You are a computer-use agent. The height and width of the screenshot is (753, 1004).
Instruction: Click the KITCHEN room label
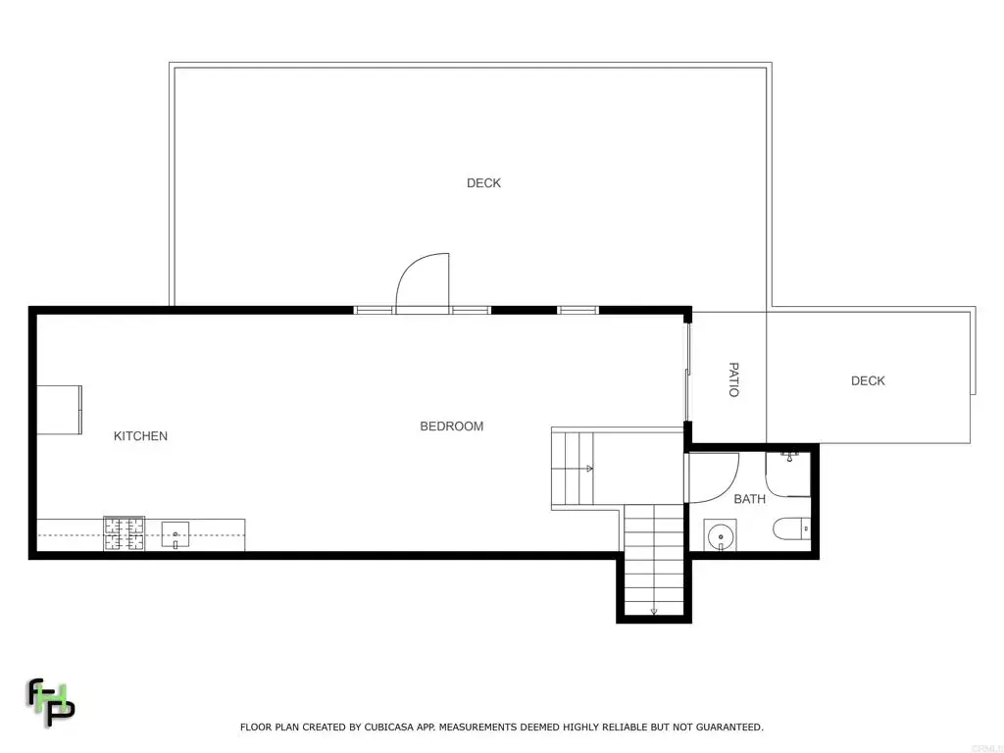coord(140,436)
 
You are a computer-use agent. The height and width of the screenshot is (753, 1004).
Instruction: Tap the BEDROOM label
coord(451,427)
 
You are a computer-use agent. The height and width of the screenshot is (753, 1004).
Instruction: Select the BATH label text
coord(749,499)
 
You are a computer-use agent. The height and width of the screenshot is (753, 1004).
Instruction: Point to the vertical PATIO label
coord(734,379)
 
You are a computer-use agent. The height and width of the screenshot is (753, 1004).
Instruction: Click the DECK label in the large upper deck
coord(483,183)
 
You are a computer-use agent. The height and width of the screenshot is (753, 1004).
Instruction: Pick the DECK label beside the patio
coord(868,381)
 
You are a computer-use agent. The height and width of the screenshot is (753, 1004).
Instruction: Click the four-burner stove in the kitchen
coord(125,534)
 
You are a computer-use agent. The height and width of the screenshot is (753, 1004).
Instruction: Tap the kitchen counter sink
coord(175,534)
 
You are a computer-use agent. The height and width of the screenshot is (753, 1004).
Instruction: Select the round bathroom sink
coord(721,536)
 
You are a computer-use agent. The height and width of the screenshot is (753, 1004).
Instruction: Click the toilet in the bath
coord(792,528)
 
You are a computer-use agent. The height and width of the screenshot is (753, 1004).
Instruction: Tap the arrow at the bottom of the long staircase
coord(654,612)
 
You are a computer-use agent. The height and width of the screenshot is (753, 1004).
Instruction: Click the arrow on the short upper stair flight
coord(589,469)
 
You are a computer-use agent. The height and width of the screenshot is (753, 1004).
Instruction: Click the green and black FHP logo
coord(51,702)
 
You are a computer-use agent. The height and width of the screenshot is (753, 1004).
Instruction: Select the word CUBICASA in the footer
coord(389,728)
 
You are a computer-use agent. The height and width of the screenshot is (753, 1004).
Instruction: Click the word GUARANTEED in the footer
coord(729,728)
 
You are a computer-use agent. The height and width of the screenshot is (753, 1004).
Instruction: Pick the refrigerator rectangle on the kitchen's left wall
coord(59,410)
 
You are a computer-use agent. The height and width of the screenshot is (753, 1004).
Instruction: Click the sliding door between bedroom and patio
coord(687,372)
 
